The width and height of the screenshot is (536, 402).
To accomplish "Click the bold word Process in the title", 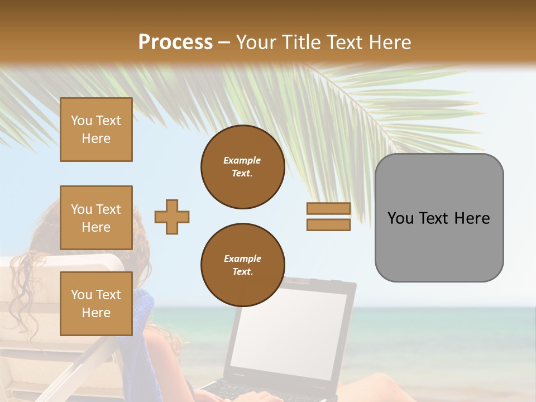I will pos(175,42).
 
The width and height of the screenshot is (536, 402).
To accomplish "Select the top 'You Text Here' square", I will pos(96,130).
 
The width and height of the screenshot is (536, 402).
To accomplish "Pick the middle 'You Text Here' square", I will pos(96,218).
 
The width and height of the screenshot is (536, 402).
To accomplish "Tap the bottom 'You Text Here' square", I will pos(96,303).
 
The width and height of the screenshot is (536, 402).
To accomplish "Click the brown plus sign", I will pos(171,217).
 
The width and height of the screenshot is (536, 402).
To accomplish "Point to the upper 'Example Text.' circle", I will pos(242,167).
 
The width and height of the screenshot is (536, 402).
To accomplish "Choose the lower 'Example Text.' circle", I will pos(242,265).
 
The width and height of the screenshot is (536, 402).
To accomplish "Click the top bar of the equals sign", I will pos(328,208).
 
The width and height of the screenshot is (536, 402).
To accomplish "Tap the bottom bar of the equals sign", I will pos(328,225).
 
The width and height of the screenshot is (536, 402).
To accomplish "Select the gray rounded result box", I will pos(439,217).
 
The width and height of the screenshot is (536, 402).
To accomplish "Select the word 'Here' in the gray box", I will pos(472,218).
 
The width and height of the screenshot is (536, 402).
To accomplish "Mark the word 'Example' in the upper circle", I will pos(242,160).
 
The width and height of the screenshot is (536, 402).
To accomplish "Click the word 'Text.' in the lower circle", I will pos(242,272).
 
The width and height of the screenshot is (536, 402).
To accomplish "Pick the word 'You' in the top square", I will pos(82,121).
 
